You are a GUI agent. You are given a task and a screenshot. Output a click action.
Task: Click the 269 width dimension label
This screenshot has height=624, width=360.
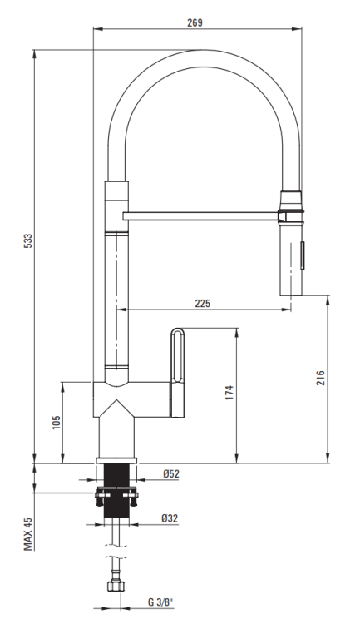pos(195,22)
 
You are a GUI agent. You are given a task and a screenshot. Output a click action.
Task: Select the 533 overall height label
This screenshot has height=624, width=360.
pos(27,240)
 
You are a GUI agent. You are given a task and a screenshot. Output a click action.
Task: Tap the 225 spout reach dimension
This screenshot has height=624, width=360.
pos(203,303)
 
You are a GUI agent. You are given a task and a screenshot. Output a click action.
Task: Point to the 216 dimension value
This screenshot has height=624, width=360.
pos(321,378)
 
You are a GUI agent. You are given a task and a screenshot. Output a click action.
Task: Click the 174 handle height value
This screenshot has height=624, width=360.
pos(229,392)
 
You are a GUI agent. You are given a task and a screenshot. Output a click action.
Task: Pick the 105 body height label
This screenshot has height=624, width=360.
pos(56,422)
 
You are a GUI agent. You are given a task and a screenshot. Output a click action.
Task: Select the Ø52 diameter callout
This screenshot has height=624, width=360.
pos(171,473)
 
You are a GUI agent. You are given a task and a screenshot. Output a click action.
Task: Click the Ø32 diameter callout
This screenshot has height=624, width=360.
pos(170,518)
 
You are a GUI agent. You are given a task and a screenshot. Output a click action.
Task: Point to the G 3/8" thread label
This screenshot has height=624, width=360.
pos(161,602)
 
